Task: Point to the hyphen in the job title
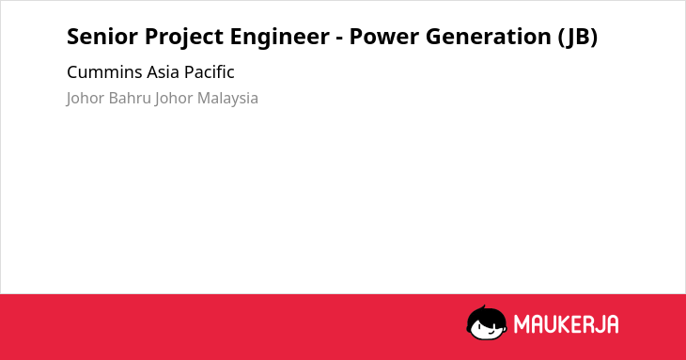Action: tap(339, 39)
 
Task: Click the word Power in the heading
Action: tap(383, 37)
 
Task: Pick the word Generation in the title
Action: tap(489, 37)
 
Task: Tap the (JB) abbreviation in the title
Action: tap(578, 38)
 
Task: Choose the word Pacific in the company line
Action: tap(210, 72)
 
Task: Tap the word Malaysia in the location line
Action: tap(227, 99)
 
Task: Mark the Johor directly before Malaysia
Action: tap(174, 99)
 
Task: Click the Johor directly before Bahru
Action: tap(86, 99)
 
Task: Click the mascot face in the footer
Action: tap(487, 322)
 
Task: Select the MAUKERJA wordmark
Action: tap(566, 324)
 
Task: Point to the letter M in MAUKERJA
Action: tap(522, 324)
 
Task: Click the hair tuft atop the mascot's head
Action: tap(483, 307)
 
